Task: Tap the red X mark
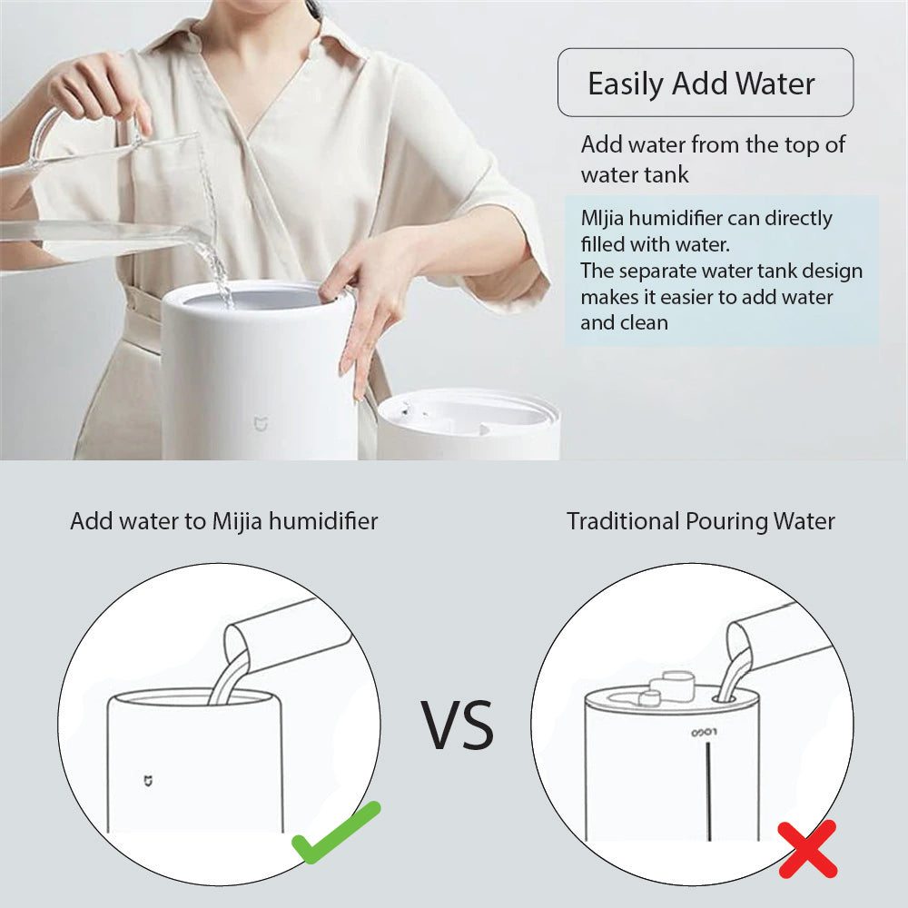tap(807, 850)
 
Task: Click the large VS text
tap(457, 725)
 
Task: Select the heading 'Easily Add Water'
tap(701, 84)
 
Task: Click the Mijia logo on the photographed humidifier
tap(262, 423)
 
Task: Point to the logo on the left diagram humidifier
tap(148, 781)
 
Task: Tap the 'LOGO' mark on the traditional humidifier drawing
tap(705, 733)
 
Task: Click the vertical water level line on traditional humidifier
tap(709, 791)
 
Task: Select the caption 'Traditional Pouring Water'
tap(701, 521)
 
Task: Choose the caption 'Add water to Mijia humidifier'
tap(224, 521)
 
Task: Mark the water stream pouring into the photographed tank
tap(212, 226)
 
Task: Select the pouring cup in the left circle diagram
tap(287, 637)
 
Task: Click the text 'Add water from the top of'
tap(713, 144)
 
